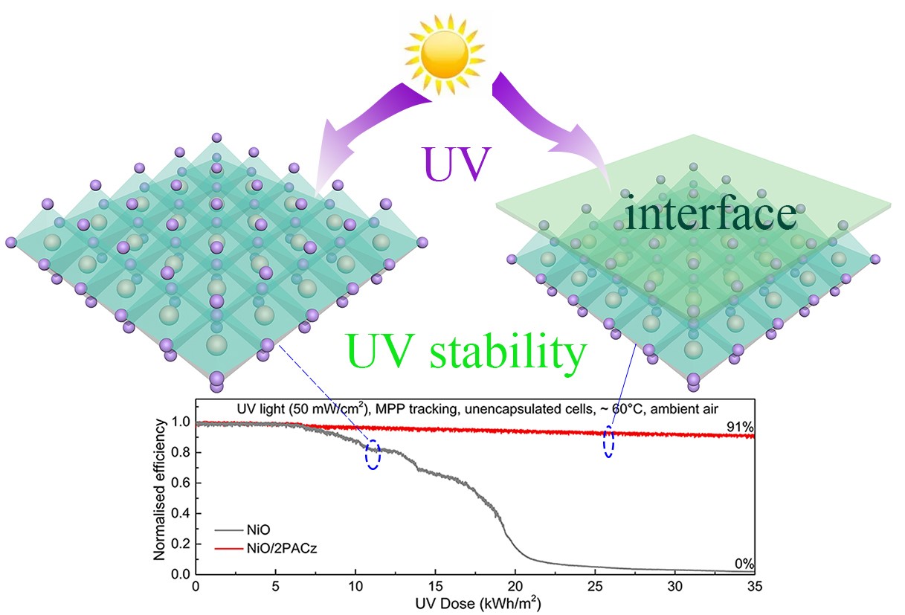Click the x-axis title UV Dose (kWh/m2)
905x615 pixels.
[473, 602]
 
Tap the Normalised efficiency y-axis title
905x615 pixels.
[161, 492]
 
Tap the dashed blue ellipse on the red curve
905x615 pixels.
[609, 442]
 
